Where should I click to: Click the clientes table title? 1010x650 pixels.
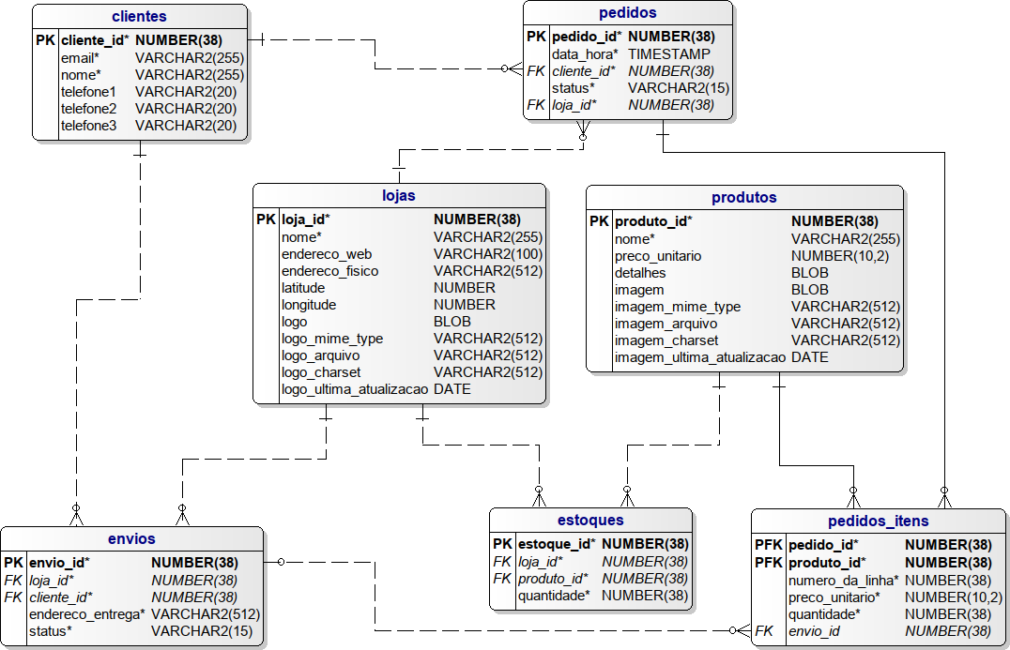pyautogui.click(x=139, y=16)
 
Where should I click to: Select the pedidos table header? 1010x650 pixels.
pyautogui.click(x=627, y=13)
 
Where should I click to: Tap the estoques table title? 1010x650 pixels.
pyautogui.click(x=590, y=520)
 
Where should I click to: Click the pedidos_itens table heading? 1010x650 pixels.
pyautogui.click(x=878, y=521)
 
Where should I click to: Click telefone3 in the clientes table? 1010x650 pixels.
pyautogui.click(x=88, y=126)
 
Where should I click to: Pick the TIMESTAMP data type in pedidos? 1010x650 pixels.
pyautogui.click(x=669, y=54)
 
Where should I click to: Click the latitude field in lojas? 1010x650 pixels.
pyautogui.click(x=303, y=288)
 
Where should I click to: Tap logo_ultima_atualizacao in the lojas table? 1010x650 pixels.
pyautogui.click(x=354, y=389)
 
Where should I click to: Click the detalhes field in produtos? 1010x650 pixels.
pyautogui.click(x=640, y=273)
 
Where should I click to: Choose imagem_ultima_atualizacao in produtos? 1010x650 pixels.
pyautogui.click(x=699, y=357)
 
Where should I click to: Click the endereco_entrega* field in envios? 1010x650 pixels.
pyautogui.click(x=87, y=614)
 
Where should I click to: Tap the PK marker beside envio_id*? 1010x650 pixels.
pyautogui.click(x=13, y=563)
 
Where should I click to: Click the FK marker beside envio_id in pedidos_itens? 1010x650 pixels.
pyautogui.click(x=764, y=631)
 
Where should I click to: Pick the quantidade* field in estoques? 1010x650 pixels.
pyautogui.click(x=554, y=595)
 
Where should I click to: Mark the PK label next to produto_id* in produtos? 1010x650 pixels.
pyautogui.click(x=599, y=221)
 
